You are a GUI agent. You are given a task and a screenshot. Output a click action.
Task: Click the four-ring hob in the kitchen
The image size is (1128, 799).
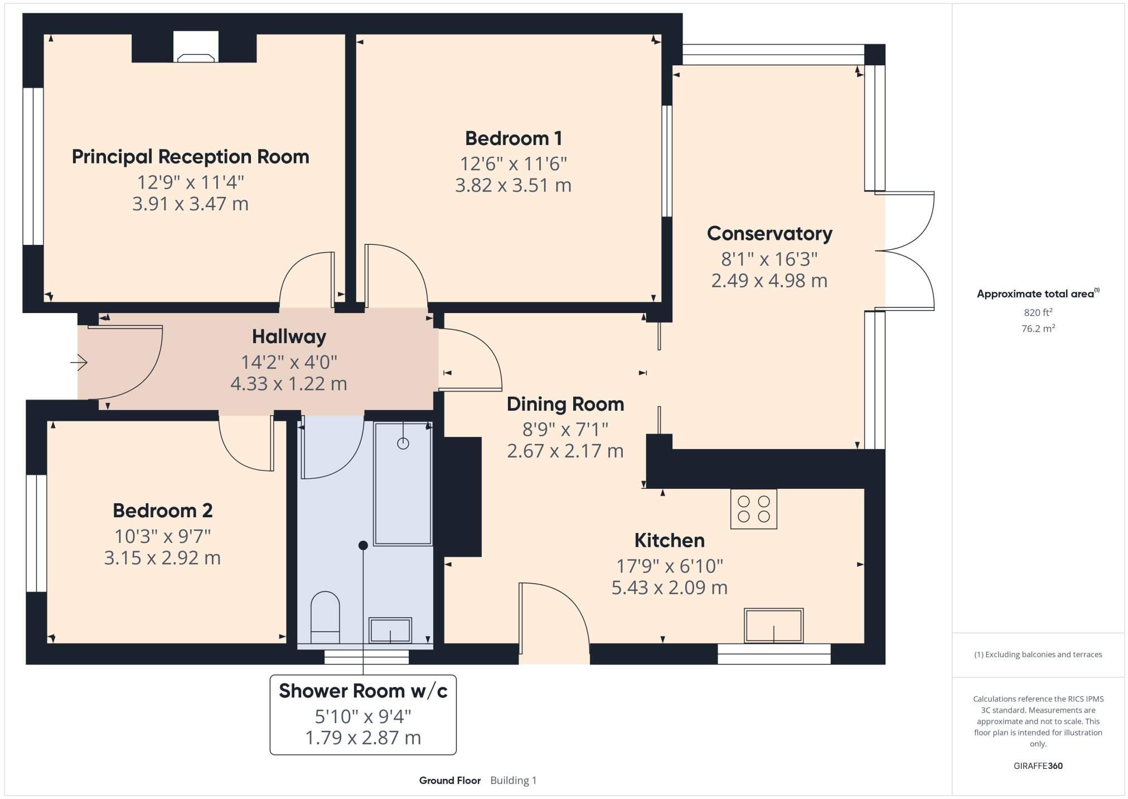(753, 509)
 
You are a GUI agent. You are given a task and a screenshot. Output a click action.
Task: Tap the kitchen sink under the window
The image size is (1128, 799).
(773, 625)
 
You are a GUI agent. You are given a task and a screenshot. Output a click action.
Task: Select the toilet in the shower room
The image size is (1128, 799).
(325, 618)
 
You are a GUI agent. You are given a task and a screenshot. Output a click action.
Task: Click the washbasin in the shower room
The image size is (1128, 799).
(390, 630)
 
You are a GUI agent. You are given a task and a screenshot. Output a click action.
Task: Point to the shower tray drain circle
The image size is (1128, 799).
(403, 444)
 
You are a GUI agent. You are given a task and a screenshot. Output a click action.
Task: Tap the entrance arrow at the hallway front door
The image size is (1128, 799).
(79, 363)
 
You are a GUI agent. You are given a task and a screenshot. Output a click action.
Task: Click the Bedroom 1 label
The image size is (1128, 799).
(513, 138)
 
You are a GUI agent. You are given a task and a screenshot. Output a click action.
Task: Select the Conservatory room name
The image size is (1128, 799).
(769, 233)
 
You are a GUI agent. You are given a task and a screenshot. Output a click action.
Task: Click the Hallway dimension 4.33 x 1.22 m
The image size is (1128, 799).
(288, 384)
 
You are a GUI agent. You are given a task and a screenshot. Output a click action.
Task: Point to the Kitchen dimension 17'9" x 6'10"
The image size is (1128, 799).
(669, 566)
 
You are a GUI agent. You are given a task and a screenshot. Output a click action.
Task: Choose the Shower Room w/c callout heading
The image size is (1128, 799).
(363, 691)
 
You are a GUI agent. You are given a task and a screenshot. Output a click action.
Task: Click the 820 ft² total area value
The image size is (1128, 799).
(1038, 312)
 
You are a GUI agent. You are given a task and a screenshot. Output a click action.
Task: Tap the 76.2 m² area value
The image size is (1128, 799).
(1038, 329)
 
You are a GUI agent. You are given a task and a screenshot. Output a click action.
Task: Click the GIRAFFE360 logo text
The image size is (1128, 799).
(1038, 766)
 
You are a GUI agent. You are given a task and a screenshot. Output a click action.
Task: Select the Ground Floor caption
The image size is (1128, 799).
(449, 780)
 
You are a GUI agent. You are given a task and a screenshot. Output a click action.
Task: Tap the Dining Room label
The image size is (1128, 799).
(565, 404)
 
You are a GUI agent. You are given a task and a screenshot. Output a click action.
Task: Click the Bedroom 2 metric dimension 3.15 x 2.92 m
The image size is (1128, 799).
(162, 557)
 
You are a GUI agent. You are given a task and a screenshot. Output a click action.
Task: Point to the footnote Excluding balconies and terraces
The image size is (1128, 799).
(1038, 654)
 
